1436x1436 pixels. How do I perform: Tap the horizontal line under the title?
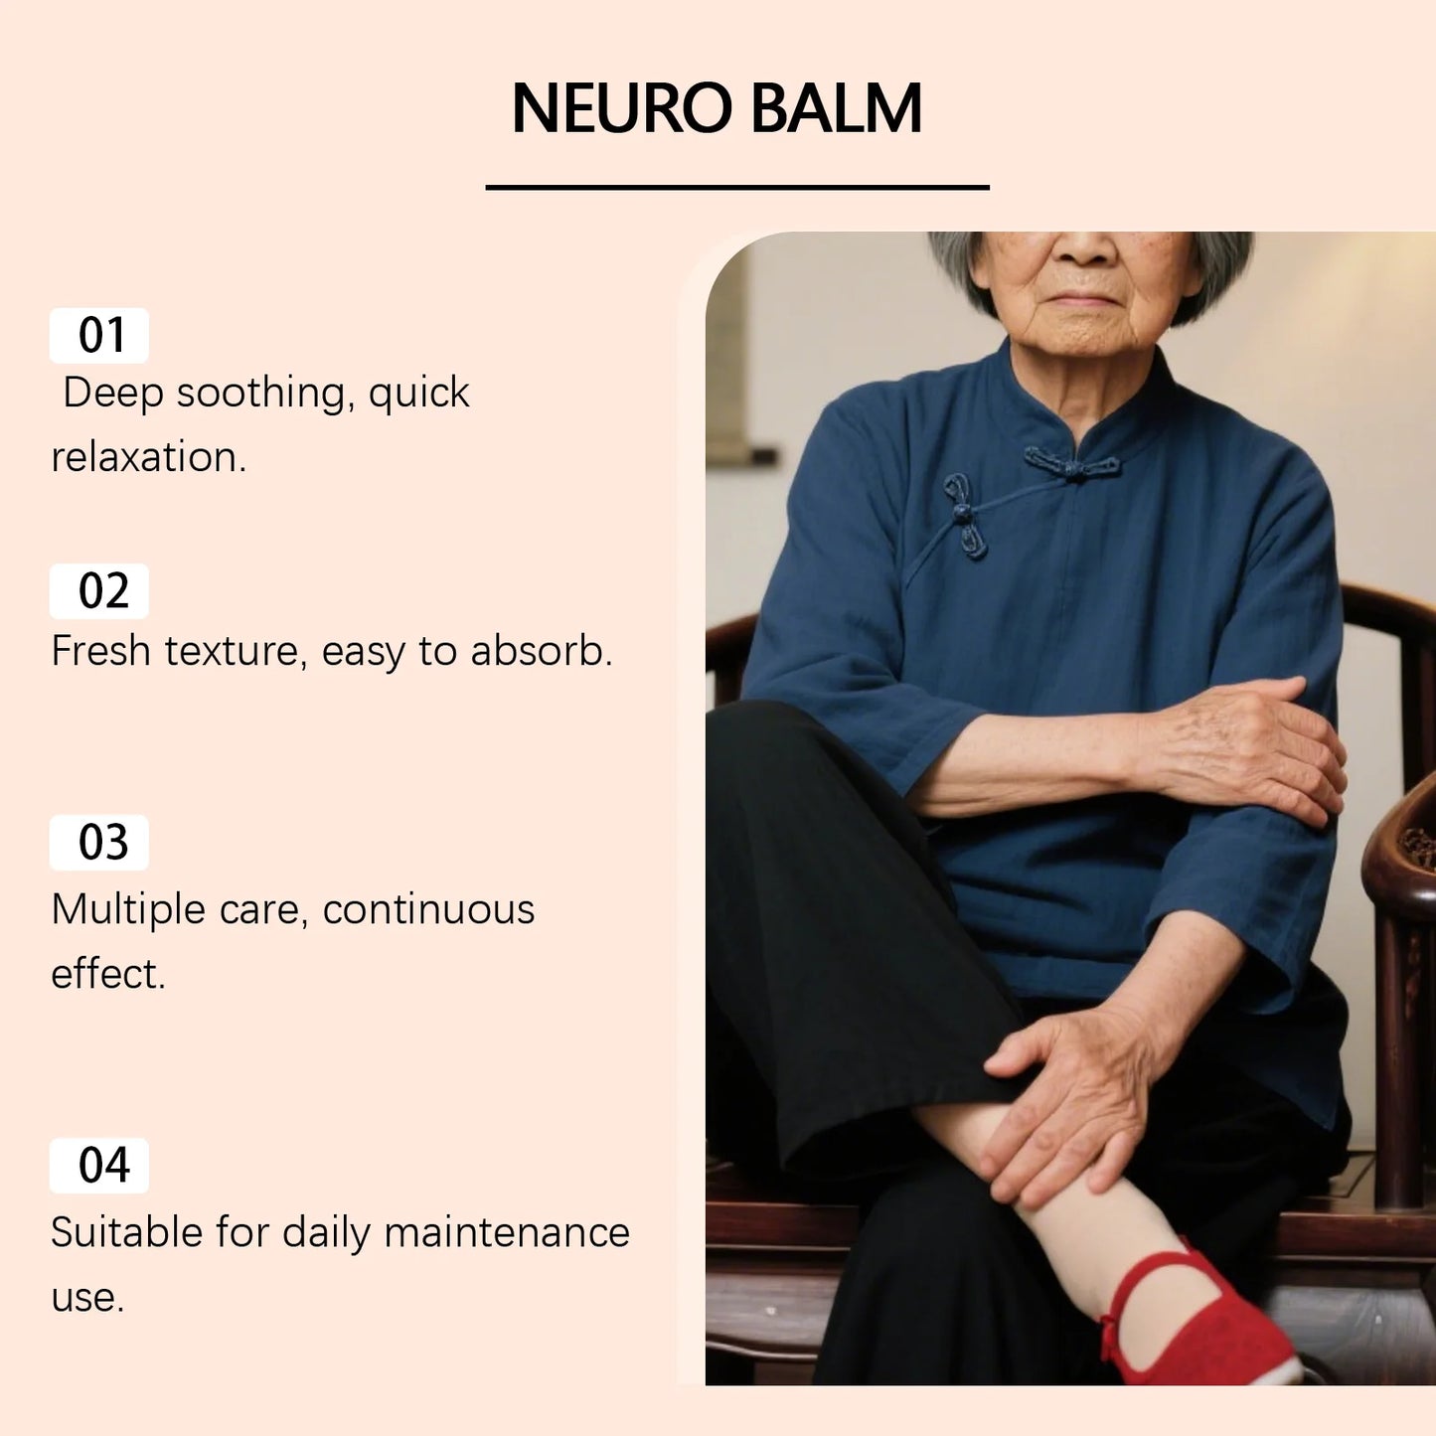[736, 187]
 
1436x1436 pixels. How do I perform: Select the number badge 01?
[99, 336]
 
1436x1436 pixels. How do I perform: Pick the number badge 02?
[99, 591]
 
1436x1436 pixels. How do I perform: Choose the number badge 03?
[99, 843]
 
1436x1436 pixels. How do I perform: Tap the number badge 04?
[99, 1166]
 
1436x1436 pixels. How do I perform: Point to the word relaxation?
[147, 458]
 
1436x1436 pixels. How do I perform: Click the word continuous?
[428, 910]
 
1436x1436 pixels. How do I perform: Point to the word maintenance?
[506, 1233]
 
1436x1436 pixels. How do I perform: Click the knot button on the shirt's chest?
[963, 515]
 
